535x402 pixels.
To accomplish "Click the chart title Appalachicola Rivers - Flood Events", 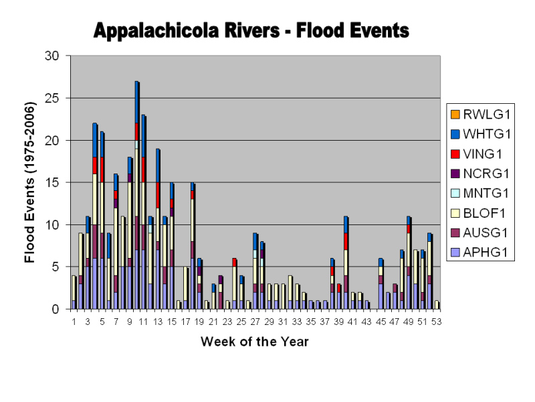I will tap(251, 30).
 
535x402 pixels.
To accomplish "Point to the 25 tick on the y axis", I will tap(58, 98).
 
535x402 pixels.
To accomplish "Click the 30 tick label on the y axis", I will tap(58, 56).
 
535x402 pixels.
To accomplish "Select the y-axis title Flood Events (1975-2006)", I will tap(30, 182).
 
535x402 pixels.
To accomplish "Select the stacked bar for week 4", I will tap(95, 216).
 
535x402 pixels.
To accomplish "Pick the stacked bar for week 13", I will tap(158, 228).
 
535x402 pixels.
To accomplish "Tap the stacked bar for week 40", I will tap(346, 263).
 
